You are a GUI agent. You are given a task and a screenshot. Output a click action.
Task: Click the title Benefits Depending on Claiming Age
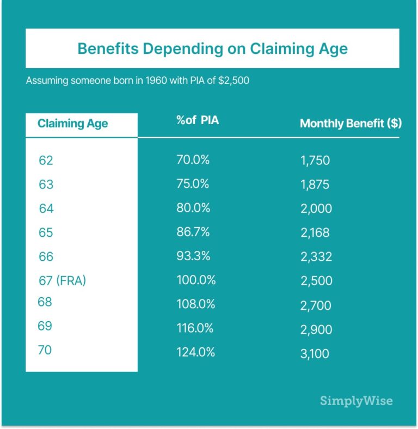point(212,48)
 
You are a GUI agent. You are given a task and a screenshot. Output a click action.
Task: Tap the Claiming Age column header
point(72,124)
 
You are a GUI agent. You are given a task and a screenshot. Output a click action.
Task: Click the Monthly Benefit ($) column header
point(351,124)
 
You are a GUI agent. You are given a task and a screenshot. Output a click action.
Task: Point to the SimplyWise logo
point(356,401)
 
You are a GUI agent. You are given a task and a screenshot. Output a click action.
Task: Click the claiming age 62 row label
point(46,161)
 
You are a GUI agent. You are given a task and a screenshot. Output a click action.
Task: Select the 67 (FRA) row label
point(63,281)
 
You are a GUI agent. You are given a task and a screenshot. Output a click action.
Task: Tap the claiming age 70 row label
point(45,350)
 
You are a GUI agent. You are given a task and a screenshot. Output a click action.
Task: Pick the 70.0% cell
point(193,160)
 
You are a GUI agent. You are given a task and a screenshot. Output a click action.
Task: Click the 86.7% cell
point(193,232)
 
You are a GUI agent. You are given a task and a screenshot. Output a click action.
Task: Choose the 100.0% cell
point(196,280)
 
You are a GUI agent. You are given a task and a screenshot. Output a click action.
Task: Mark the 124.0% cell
point(195,352)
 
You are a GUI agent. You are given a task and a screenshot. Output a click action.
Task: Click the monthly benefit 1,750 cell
point(315,161)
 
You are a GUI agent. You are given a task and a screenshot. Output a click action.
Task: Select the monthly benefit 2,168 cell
point(315,233)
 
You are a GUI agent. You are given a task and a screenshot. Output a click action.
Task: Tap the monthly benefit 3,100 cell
point(315,354)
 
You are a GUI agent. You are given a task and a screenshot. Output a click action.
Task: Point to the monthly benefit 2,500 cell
point(316,281)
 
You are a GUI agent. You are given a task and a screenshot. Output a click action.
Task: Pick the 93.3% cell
point(193,256)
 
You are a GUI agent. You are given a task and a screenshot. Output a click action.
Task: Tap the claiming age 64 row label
point(46,209)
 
